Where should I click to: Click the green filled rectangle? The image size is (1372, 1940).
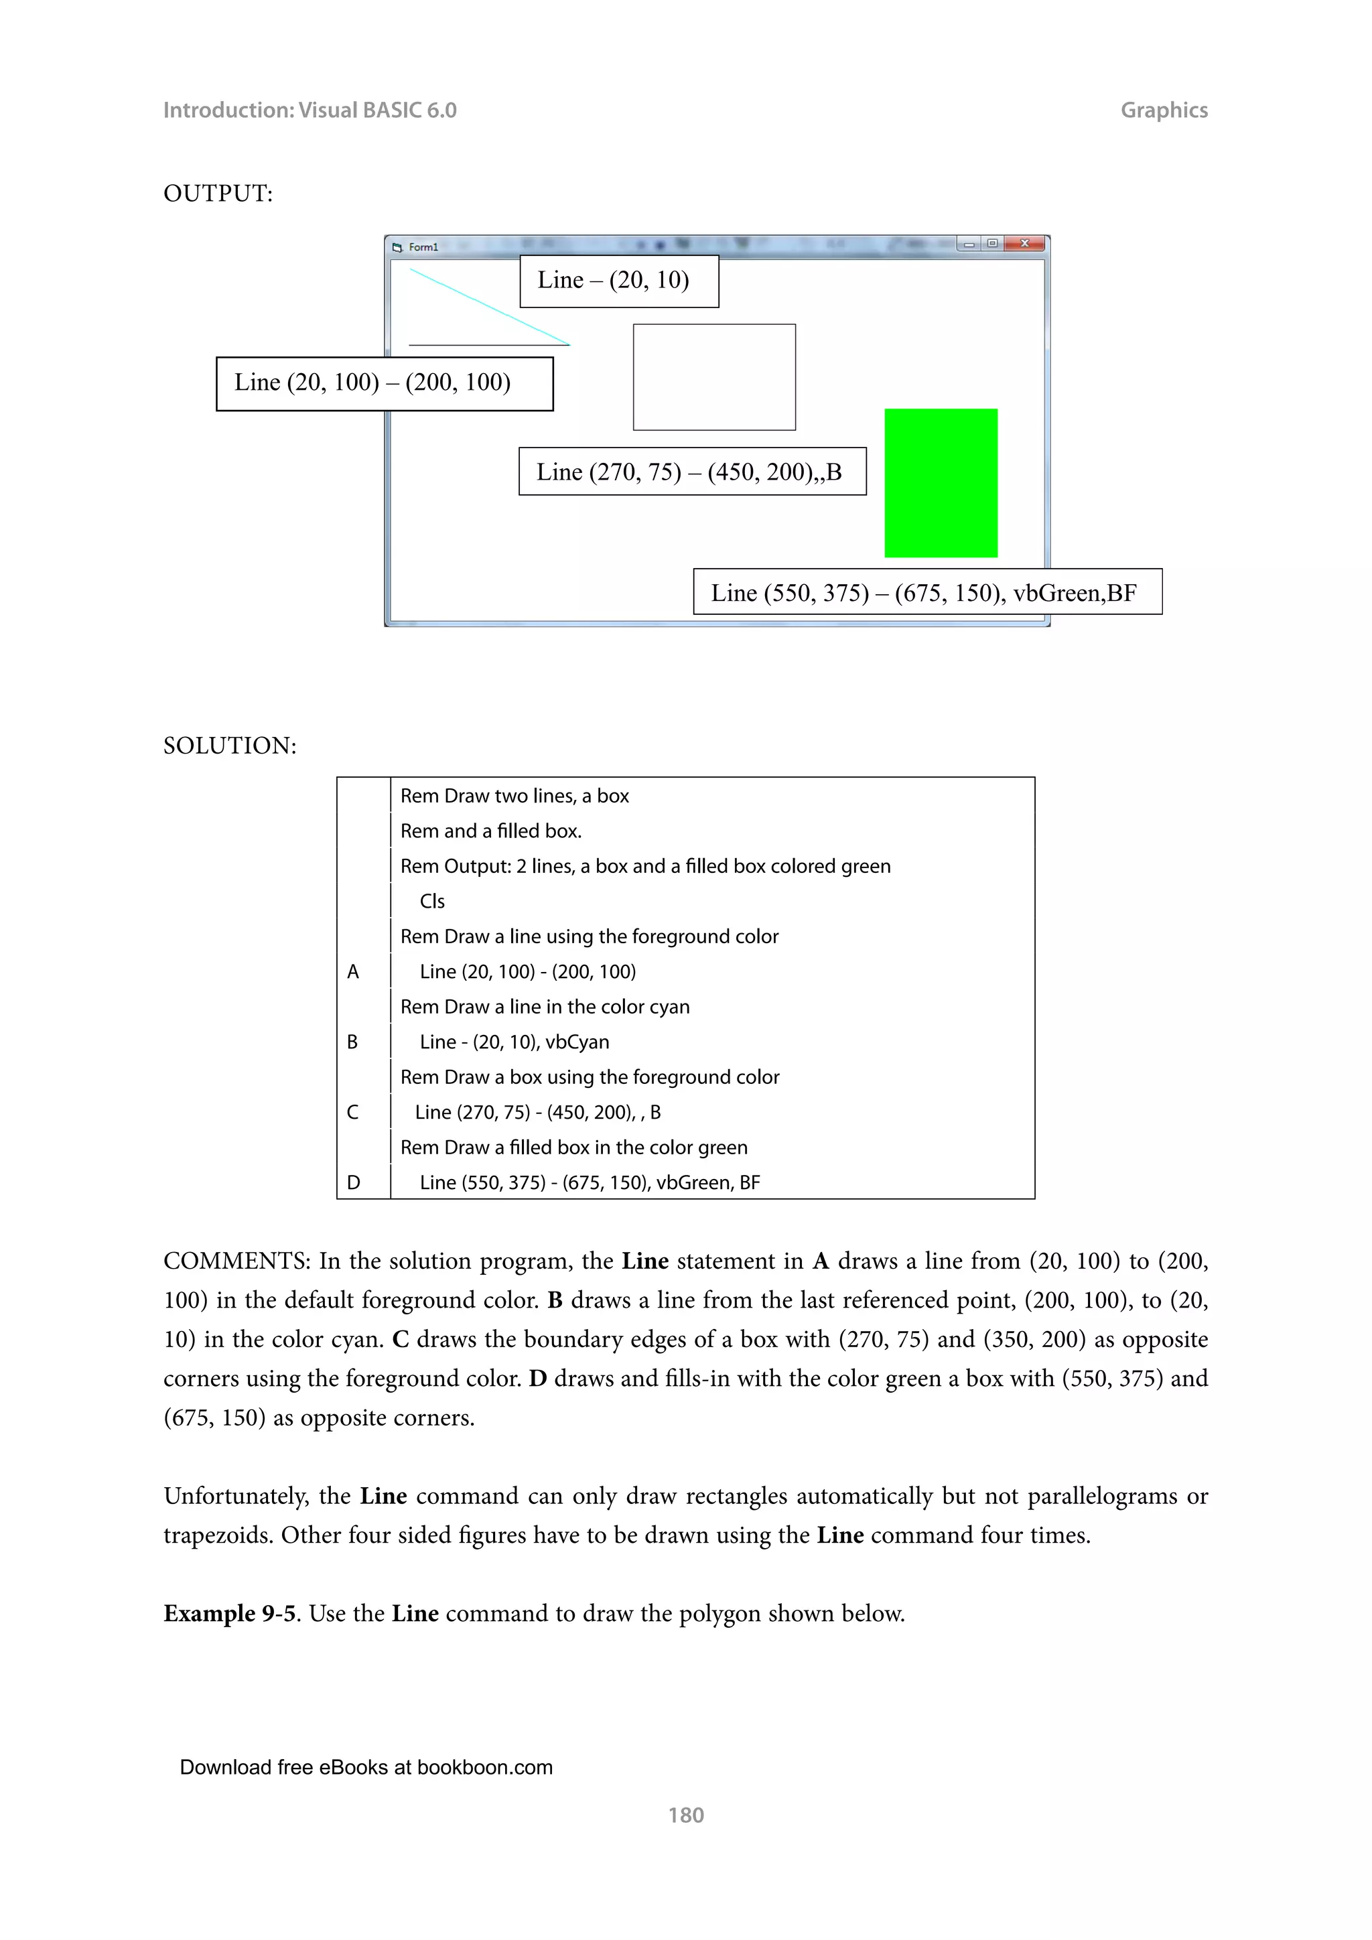(x=941, y=482)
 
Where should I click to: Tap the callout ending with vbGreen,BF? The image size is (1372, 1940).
(x=927, y=592)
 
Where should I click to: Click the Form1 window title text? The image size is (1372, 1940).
(x=423, y=247)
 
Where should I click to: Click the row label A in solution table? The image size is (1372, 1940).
(x=353, y=972)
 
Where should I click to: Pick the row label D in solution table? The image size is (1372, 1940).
(x=353, y=1182)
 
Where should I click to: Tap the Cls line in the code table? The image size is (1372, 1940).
(x=431, y=901)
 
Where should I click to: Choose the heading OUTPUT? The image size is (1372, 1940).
(x=218, y=194)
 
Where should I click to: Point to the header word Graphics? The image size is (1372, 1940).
(x=1164, y=110)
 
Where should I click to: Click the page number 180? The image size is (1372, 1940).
(x=685, y=1815)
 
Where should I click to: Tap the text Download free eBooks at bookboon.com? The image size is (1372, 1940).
(x=366, y=1768)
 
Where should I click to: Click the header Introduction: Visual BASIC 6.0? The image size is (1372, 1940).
(x=310, y=110)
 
